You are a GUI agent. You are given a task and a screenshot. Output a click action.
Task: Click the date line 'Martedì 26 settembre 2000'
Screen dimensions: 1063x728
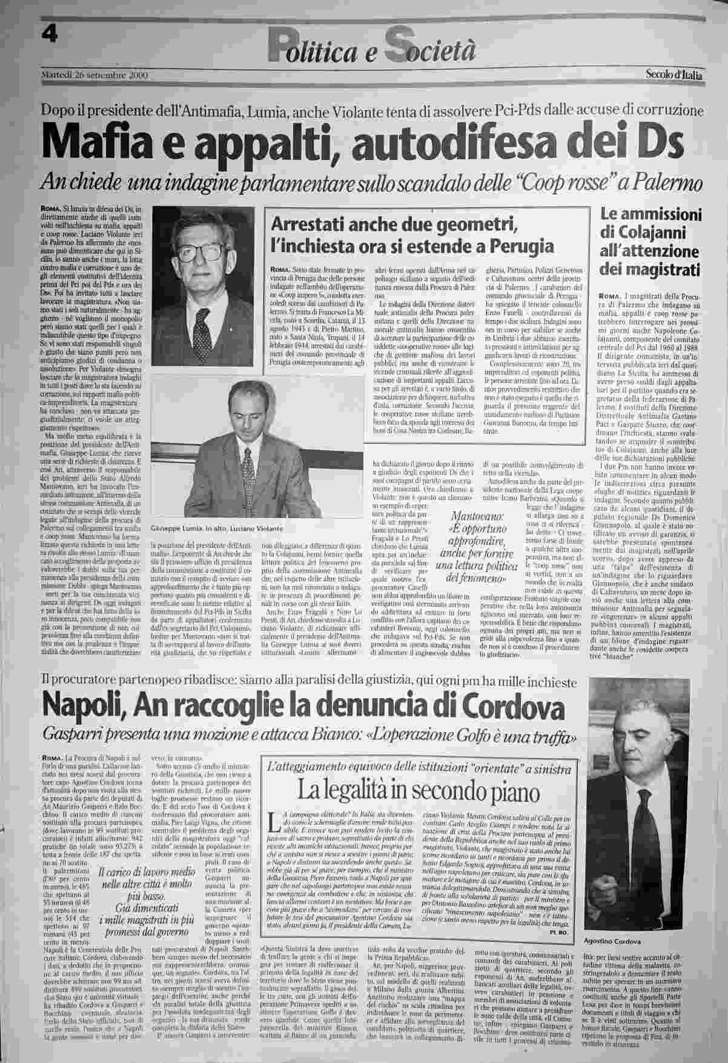coord(94,75)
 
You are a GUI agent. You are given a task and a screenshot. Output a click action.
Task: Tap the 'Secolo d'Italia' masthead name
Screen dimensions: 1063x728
coord(673,75)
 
